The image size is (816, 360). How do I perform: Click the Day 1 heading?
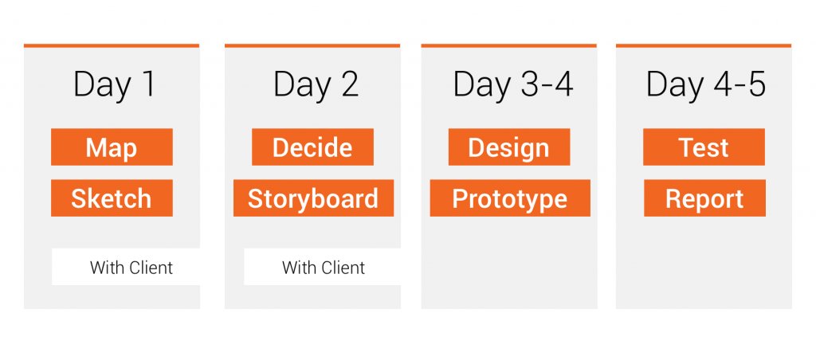click(114, 84)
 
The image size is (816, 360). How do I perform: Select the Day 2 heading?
click(316, 84)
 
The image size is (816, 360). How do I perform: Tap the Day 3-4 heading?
click(512, 84)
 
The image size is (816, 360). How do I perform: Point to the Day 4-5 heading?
click(706, 84)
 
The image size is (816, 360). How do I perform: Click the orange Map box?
click(112, 147)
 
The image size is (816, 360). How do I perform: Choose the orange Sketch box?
click(112, 198)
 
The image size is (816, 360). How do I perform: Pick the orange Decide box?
click(312, 147)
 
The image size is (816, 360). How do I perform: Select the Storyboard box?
click(313, 198)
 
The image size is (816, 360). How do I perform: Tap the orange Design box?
click(509, 147)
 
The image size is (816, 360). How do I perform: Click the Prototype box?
click(510, 198)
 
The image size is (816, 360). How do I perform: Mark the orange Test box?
click(704, 147)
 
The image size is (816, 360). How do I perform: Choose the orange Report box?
click(704, 198)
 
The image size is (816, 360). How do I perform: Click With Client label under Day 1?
click(131, 268)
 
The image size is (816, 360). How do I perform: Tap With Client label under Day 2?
click(324, 268)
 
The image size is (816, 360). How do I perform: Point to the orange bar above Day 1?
click(112, 45)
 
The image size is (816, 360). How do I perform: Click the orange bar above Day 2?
click(312, 45)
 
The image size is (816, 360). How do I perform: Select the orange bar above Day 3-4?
click(508, 45)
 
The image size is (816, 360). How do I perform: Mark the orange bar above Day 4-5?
click(704, 45)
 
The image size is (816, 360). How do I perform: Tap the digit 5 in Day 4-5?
click(756, 84)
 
